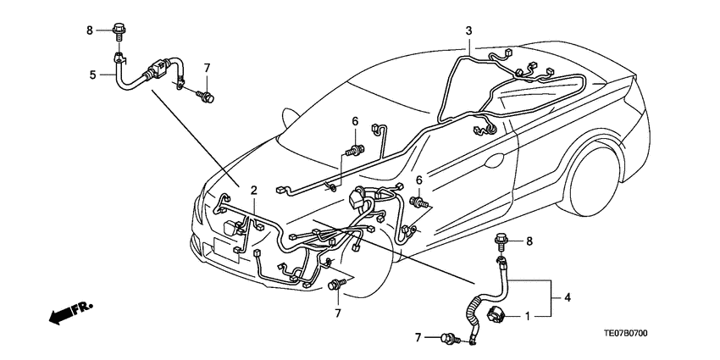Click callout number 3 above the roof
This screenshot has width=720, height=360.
point(468,31)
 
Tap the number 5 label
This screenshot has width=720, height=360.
point(92,75)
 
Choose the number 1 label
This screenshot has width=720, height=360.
point(527,316)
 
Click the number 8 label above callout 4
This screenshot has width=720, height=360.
point(529,241)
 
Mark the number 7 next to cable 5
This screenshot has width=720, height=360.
point(205,67)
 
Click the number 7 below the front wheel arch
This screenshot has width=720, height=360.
point(336,314)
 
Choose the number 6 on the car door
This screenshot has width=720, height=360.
point(418,180)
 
